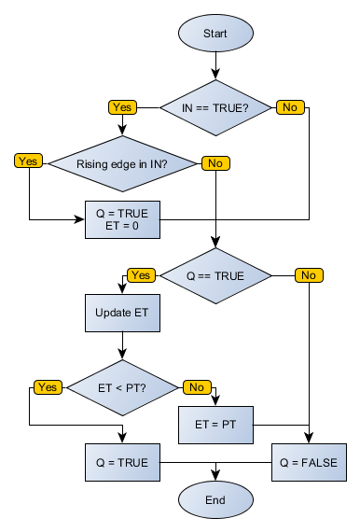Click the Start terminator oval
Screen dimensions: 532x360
coord(215,33)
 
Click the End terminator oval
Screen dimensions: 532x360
coord(215,500)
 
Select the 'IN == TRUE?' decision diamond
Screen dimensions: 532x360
coord(215,107)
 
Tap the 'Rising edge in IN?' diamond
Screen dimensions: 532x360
coord(122,163)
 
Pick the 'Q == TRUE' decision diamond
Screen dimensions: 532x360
coord(215,275)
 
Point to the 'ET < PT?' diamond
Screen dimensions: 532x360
coord(122,387)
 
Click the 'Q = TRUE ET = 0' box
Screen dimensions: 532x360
coord(122,219)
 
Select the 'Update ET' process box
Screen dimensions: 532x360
coord(122,313)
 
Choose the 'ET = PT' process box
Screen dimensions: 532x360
coord(215,425)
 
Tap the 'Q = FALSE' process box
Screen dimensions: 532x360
coord(309,462)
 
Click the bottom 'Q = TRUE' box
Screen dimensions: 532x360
coord(122,462)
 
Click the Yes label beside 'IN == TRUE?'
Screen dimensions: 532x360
coord(122,106)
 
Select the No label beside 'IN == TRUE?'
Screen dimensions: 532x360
coord(289,106)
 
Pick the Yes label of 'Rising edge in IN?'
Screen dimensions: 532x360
coord(29,161)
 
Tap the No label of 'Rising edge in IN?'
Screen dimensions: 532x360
coord(215,162)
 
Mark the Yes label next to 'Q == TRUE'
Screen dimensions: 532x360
coord(141,274)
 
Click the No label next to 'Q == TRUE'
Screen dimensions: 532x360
coord(309,274)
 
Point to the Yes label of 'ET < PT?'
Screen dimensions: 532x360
coord(47,385)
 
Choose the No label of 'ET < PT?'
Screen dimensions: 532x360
coord(197,386)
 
